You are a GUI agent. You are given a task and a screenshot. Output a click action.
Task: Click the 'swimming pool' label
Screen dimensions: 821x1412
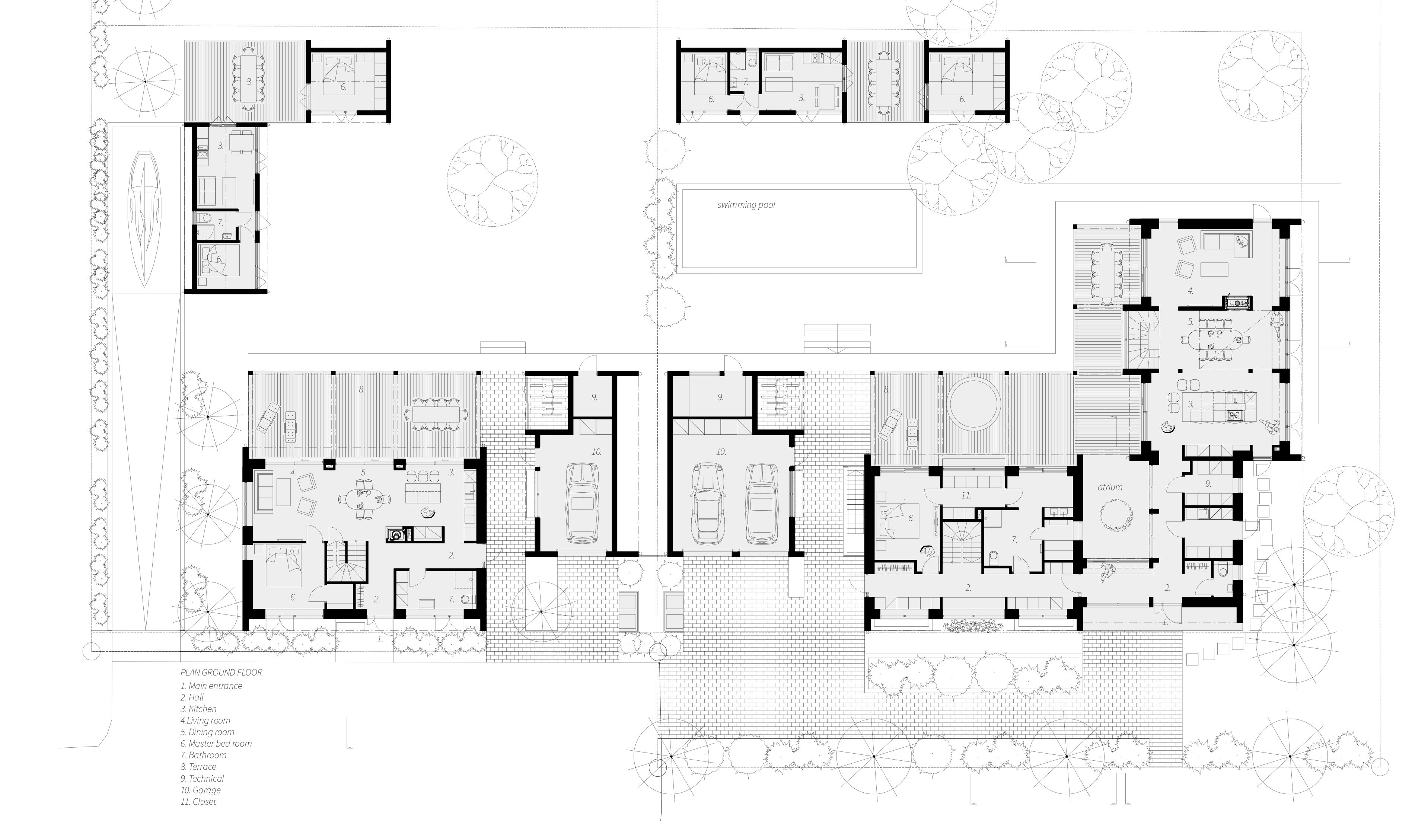click(x=746, y=205)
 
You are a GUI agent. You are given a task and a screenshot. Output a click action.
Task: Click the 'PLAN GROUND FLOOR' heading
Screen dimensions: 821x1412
click(x=221, y=673)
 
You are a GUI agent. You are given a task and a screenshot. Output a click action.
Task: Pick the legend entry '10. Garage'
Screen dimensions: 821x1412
click(x=201, y=790)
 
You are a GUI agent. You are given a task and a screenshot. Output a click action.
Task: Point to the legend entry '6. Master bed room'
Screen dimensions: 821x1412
click(x=216, y=744)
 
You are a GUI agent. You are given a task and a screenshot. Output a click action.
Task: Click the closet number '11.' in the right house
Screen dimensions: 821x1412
click(x=966, y=496)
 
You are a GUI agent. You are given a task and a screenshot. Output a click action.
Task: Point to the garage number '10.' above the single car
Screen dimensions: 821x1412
click(x=596, y=451)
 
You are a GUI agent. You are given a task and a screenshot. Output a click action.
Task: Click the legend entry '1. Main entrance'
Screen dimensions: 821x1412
click(x=211, y=686)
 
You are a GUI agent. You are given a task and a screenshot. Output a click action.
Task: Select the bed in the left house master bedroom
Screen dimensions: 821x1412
click(x=284, y=567)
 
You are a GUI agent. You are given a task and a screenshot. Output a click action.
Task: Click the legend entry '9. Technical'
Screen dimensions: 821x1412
click(x=202, y=779)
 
